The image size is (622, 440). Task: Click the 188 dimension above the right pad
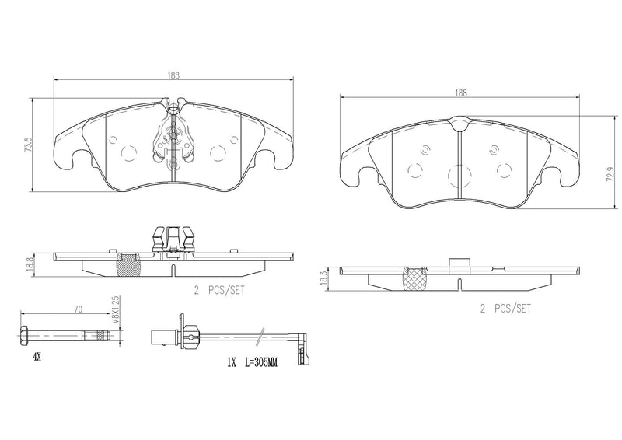pos(461,93)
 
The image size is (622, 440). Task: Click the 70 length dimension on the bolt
pos(78,309)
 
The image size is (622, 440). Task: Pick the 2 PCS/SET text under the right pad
pos(505,309)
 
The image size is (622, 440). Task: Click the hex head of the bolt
pos(23,336)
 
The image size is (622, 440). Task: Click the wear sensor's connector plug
pos(159,336)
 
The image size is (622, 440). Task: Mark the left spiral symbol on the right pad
pos(425,152)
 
